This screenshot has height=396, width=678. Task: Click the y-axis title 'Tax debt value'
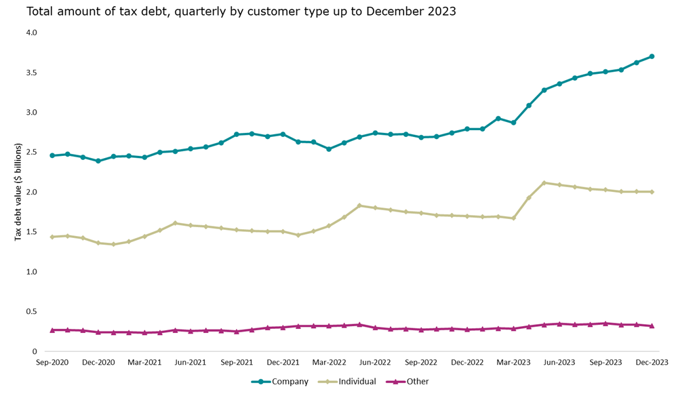pos(18,192)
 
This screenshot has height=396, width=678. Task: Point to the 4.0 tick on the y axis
pos(32,33)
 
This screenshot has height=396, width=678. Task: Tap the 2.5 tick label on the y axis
pos(32,152)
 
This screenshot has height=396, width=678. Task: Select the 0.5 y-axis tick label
pos(32,311)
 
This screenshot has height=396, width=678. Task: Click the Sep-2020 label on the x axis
pos(52,363)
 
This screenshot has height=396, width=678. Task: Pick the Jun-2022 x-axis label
pos(375,363)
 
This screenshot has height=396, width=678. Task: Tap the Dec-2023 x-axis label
pos(652,363)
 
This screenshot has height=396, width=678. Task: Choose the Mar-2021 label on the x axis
pos(144,363)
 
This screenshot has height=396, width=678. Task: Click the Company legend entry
pos(280,382)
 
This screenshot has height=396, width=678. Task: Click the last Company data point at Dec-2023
pos(652,56)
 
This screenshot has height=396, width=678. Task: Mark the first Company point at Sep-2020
pos(52,155)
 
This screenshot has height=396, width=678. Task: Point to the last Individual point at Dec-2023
pos(652,192)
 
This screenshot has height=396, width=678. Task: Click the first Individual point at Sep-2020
pos(52,237)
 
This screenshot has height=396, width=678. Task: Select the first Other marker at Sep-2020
pos(52,330)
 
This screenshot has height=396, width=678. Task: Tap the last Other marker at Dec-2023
pos(652,325)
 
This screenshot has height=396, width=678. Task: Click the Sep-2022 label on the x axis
pos(421,363)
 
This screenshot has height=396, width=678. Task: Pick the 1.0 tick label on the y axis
pos(32,272)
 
